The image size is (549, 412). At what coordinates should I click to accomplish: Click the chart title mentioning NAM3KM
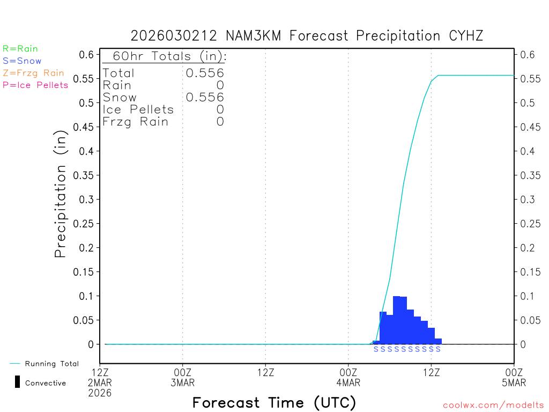pyautogui.click(x=307, y=36)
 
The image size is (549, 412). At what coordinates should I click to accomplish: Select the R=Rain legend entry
pyautogui.click(x=20, y=49)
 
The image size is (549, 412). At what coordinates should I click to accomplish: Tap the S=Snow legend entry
pyautogui.click(x=22, y=61)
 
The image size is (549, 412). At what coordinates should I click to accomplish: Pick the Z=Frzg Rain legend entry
pyautogui.click(x=33, y=73)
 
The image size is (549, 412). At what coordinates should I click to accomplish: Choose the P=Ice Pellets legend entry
pyautogui.click(x=35, y=85)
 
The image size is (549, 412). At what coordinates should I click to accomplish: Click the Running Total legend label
pyautogui.click(x=52, y=364)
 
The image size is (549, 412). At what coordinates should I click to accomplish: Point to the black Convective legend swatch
pyautogui.click(x=18, y=382)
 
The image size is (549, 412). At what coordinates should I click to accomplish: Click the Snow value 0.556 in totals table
pyautogui.click(x=205, y=97)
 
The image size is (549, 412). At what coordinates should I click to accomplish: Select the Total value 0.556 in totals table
pyautogui.click(x=205, y=73)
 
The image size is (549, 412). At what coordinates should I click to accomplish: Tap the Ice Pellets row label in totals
pyautogui.click(x=138, y=109)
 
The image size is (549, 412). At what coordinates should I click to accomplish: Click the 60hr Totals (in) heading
pyautogui.click(x=165, y=56)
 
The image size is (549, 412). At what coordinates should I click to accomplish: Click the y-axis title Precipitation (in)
pyautogui.click(x=61, y=196)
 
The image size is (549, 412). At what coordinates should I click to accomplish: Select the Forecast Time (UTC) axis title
pyautogui.click(x=274, y=402)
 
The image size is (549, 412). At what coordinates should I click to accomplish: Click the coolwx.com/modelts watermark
pyautogui.click(x=493, y=405)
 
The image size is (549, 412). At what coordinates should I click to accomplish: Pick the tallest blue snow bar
pyautogui.click(x=397, y=320)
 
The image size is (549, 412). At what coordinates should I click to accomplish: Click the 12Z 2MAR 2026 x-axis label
pyautogui.click(x=100, y=382)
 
